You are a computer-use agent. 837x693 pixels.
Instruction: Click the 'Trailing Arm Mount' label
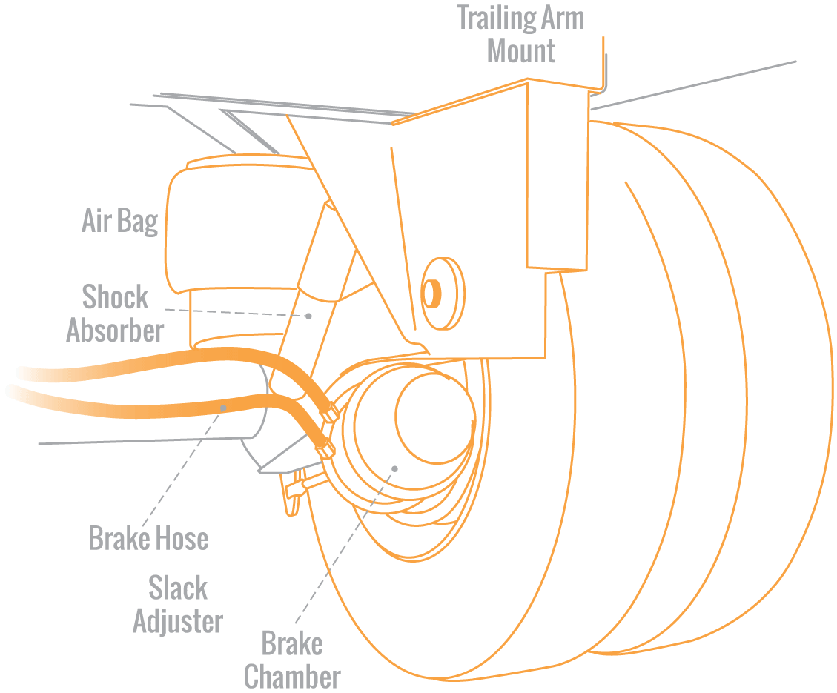(x=520, y=34)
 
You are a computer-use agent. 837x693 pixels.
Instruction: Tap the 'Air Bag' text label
(x=119, y=221)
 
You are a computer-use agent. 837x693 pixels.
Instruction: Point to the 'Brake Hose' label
(x=148, y=538)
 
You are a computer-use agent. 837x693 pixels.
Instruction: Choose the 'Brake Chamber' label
(x=292, y=660)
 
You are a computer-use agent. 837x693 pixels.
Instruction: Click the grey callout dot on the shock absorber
(x=308, y=315)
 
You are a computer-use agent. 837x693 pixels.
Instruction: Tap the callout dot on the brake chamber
(x=394, y=468)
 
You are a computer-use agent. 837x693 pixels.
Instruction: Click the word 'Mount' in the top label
(x=520, y=51)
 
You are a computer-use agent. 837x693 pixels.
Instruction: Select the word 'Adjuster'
(x=177, y=620)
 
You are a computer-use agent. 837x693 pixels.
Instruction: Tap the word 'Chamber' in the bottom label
(x=292, y=677)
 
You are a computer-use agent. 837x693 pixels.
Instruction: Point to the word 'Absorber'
(x=114, y=330)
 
